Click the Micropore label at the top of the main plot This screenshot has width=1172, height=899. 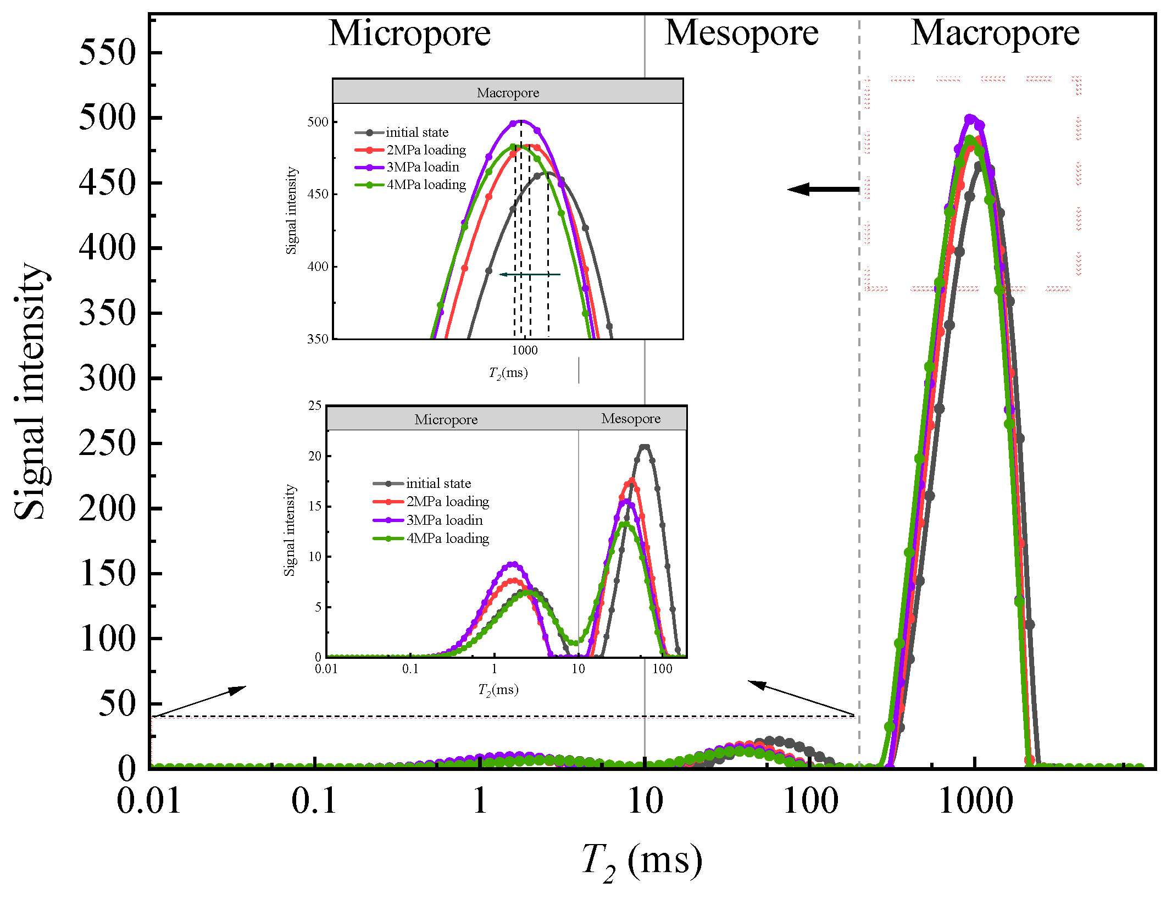[409, 34]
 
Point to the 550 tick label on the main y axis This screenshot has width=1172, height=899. [107, 53]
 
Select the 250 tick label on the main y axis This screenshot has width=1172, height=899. [107, 443]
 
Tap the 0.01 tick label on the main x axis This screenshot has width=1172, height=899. [149, 801]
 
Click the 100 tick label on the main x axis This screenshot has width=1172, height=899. [810, 801]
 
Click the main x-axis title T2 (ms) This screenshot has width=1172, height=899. [641, 861]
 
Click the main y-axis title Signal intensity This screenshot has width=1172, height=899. [30, 391]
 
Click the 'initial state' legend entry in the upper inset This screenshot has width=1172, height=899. [416, 132]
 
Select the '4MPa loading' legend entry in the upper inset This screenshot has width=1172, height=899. [426, 185]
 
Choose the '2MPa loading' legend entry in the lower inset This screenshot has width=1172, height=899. [447, 502]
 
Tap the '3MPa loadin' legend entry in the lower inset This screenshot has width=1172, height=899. [444, 520]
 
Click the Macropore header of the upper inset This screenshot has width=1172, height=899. [508, 92]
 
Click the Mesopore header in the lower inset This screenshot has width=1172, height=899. [631, 419]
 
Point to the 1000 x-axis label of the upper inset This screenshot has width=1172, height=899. [525, 351]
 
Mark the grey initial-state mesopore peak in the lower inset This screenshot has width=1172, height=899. [645, 447]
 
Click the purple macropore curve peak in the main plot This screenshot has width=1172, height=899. [970, 118]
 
